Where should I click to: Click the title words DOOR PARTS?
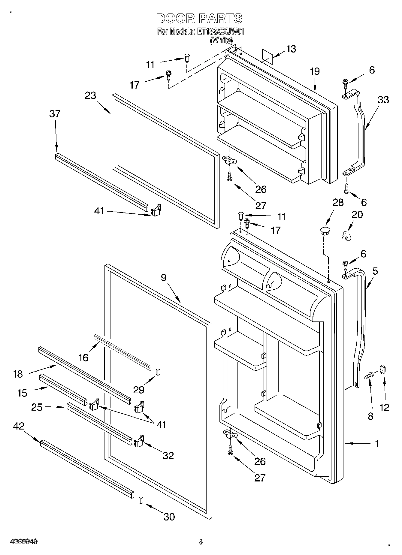pos(199,19)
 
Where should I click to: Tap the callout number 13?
pos(290,49)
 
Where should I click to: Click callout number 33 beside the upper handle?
pos(383,99)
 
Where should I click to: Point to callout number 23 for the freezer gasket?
pos(90,95)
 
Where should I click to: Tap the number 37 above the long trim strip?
pos(55,114)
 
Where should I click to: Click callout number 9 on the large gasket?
pos(163,278)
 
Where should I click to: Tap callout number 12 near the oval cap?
pos(384,407)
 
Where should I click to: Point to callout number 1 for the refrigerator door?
pos(376,443)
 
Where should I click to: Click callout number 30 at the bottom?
pos(169,517)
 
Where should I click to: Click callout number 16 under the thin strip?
pos(83,357)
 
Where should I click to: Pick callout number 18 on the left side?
pos(18,374)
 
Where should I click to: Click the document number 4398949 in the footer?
pos(24,542)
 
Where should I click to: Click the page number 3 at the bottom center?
pos(200,542)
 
